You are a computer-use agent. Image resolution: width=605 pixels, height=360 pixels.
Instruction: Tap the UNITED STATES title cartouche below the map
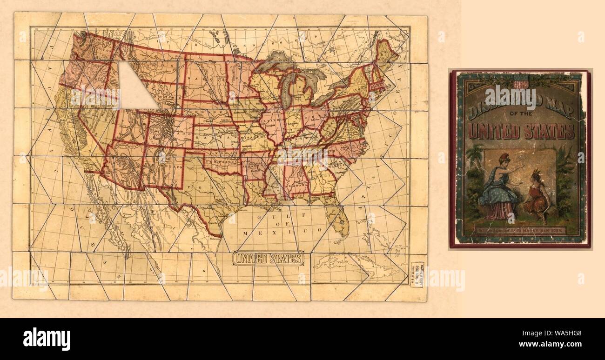(269, 259)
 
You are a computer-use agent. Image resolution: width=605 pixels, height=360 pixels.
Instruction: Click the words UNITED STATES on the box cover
(521, 131)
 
